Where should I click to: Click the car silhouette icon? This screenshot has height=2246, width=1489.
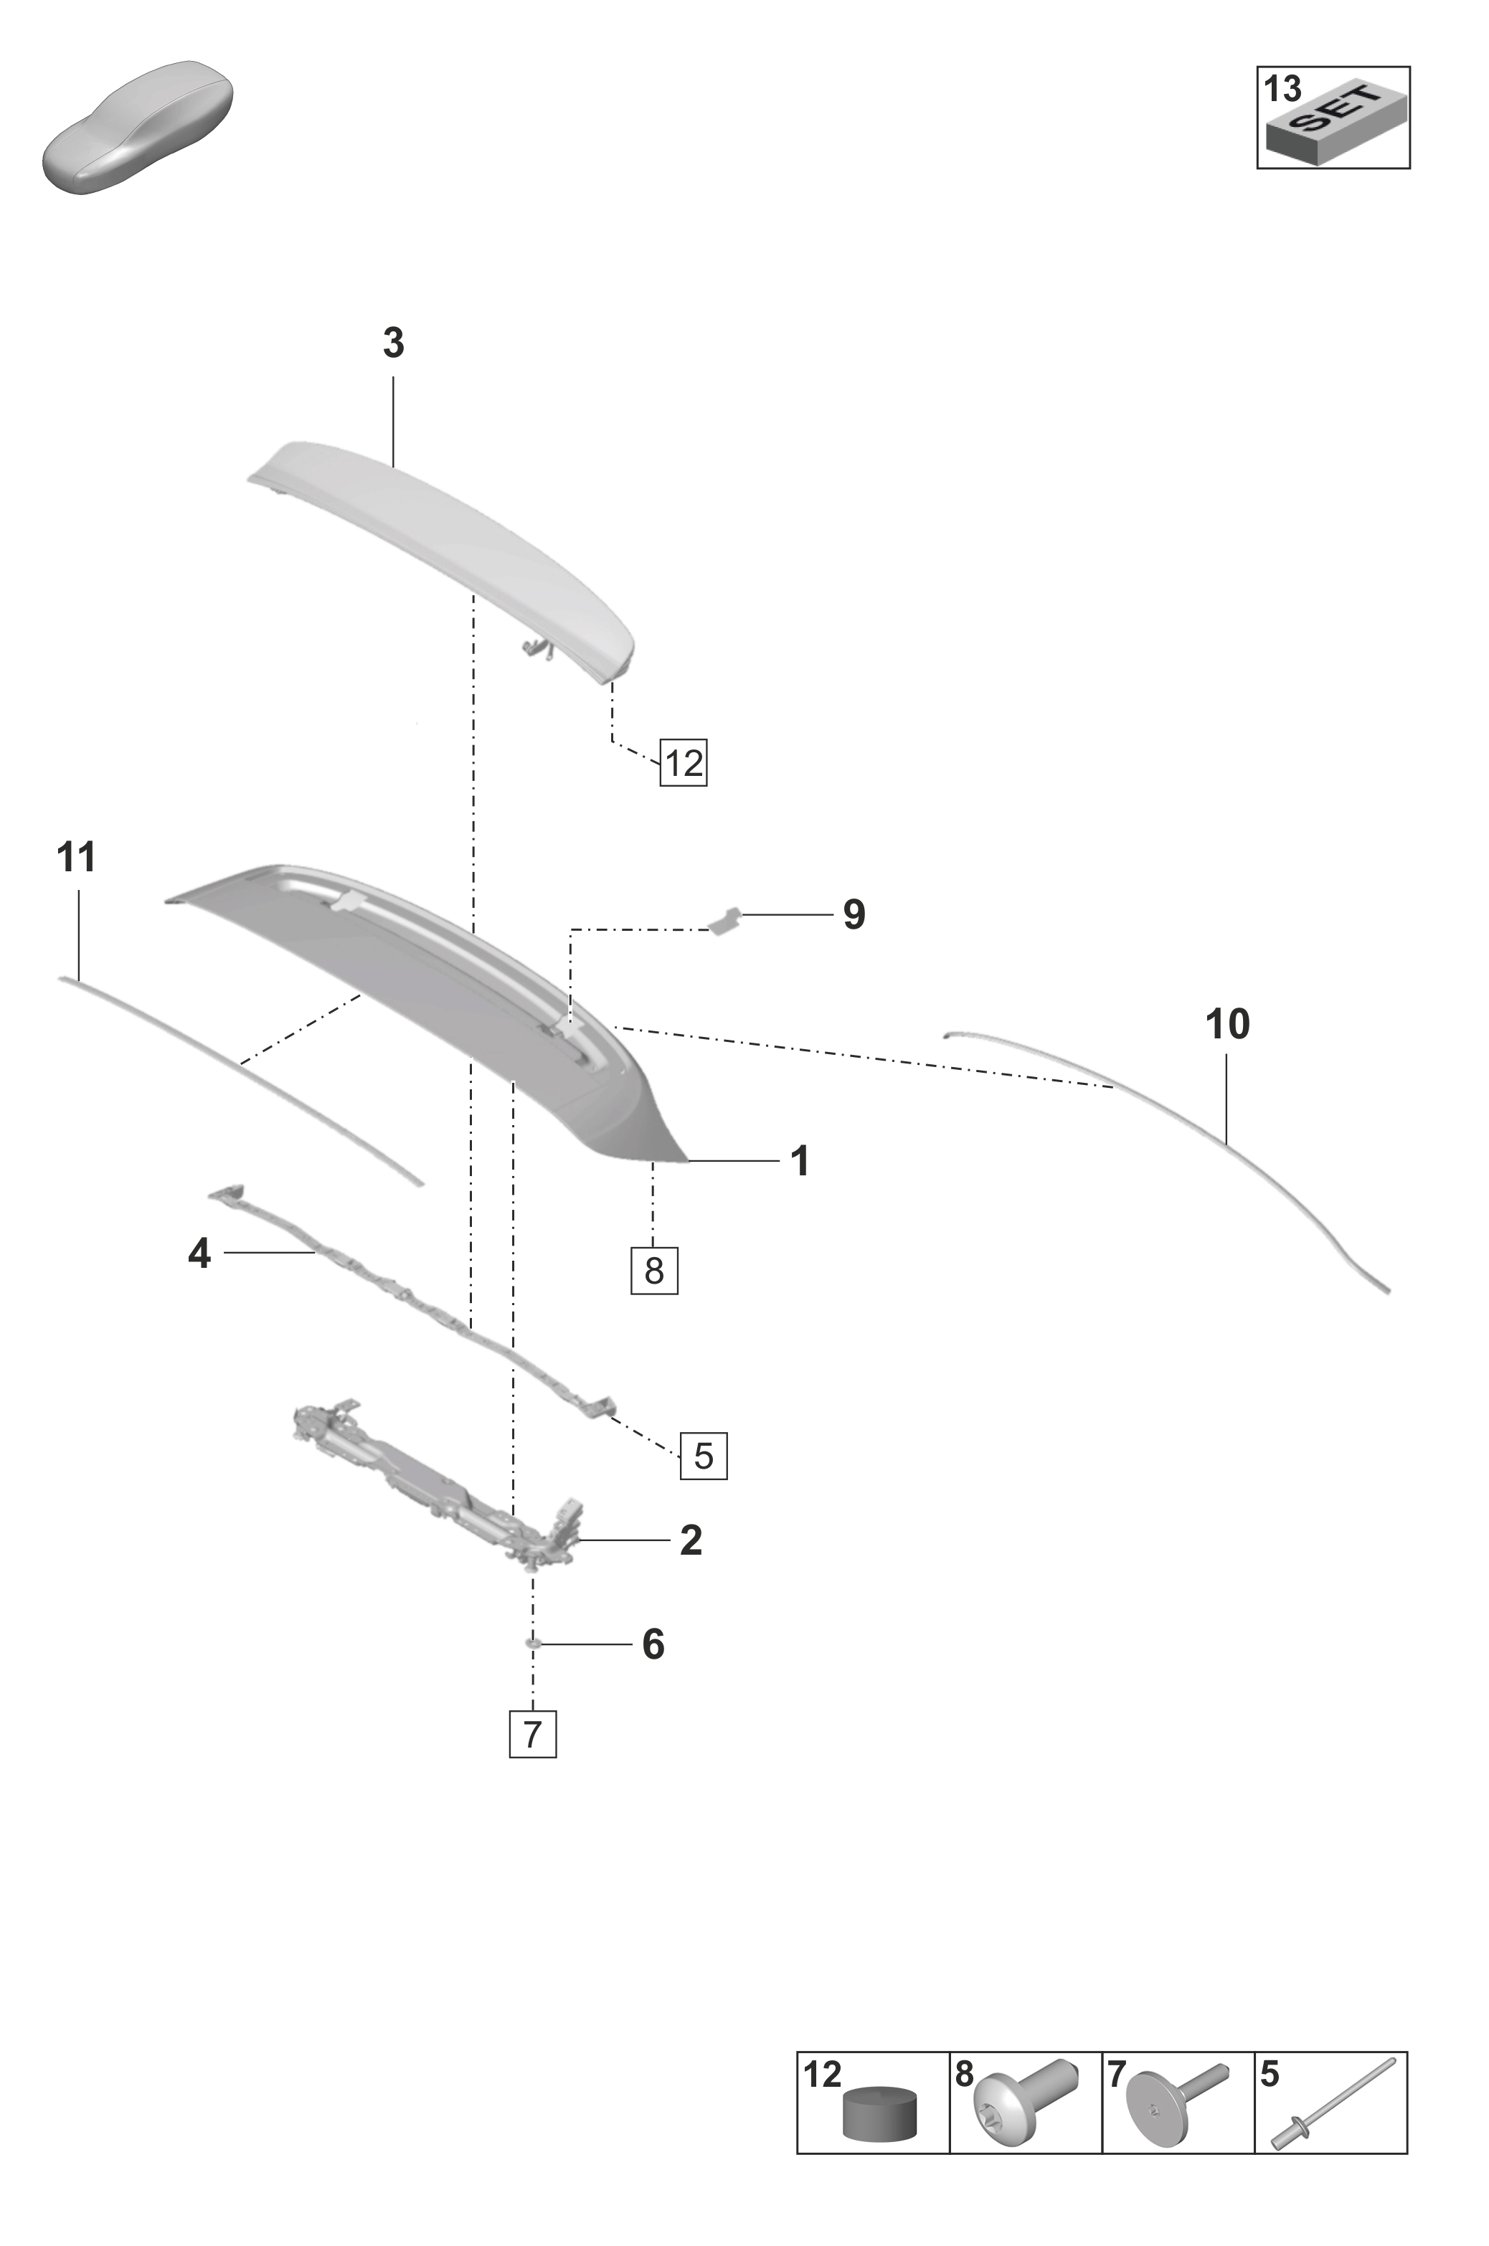tap(138, 127)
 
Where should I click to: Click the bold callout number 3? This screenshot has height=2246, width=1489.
tap(393, 343)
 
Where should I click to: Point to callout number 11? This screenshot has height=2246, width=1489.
tap(77, 858)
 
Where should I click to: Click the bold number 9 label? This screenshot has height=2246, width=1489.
tap(854, 915)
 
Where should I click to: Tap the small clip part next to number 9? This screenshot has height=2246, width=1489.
tap(727, 920)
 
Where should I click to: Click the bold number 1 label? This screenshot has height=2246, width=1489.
tap(800, 1161)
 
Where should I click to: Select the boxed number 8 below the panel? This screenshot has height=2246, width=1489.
tap(654, 1270)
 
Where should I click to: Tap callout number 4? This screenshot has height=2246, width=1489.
tap(199, 1255)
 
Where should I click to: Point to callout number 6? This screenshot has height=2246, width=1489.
tap(653, 1644)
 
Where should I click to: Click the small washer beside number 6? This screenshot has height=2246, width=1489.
tap(534, 1642)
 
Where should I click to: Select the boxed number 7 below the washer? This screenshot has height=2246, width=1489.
tap(533, 1734)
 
